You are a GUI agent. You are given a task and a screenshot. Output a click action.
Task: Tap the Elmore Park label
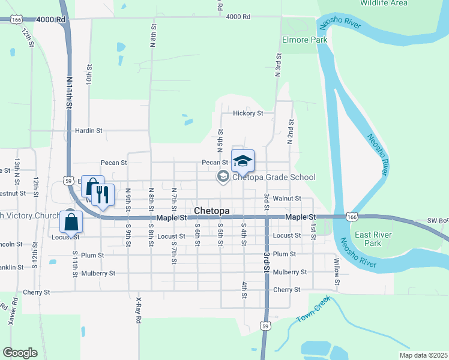tap(305, 40)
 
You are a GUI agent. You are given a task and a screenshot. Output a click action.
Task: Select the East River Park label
tap(368, 239)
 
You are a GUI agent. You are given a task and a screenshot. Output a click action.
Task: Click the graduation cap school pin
tap(243, 161)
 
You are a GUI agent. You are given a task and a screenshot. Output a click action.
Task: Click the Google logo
tap(20, 353)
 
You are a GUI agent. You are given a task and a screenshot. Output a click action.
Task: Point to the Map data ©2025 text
tap(423, 355)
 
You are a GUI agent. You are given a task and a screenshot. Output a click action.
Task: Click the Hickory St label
tap(248, 113)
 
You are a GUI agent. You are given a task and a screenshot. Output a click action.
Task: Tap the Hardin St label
tap(89, 130)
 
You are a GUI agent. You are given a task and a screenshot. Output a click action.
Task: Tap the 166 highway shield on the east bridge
tap(351, 216)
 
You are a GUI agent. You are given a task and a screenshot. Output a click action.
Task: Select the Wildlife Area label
tap(383, 3)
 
